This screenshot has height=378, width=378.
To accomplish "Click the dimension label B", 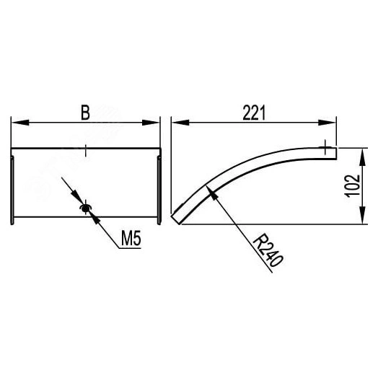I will pyautogui.click(x=85, y=113).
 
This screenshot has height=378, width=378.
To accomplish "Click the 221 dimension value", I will pyautogui.click(x=252, y=112).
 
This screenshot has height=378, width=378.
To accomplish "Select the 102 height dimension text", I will pyautogui.click(x=351, y=185).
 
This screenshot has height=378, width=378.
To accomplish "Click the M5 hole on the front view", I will pyautogui.click(x=86, y=209).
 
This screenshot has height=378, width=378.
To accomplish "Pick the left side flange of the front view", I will pyautogui.click(x=12, y=186).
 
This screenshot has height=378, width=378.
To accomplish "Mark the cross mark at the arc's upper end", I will pyautogui.click(x=329, y=149).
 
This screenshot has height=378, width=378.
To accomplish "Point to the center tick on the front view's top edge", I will pyautogui.click(x=85, y=149).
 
